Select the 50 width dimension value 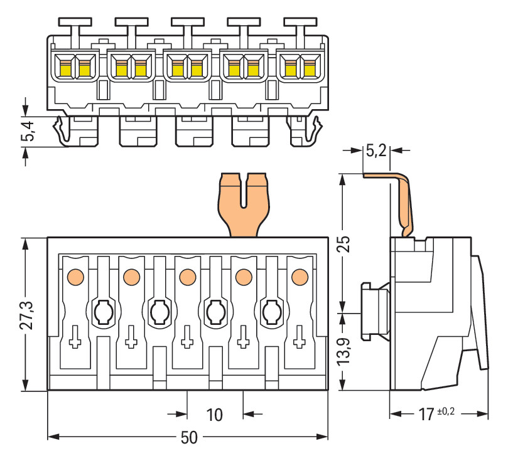(188, 438)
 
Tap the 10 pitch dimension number (215, 415)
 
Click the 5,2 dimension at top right (377, 151)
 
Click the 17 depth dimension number (426, 415)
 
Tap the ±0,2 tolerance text (445, 411)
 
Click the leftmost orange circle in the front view (75, 275)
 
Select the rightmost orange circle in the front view (300, 275)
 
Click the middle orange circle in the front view (187, 275)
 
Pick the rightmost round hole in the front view (272, 310)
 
